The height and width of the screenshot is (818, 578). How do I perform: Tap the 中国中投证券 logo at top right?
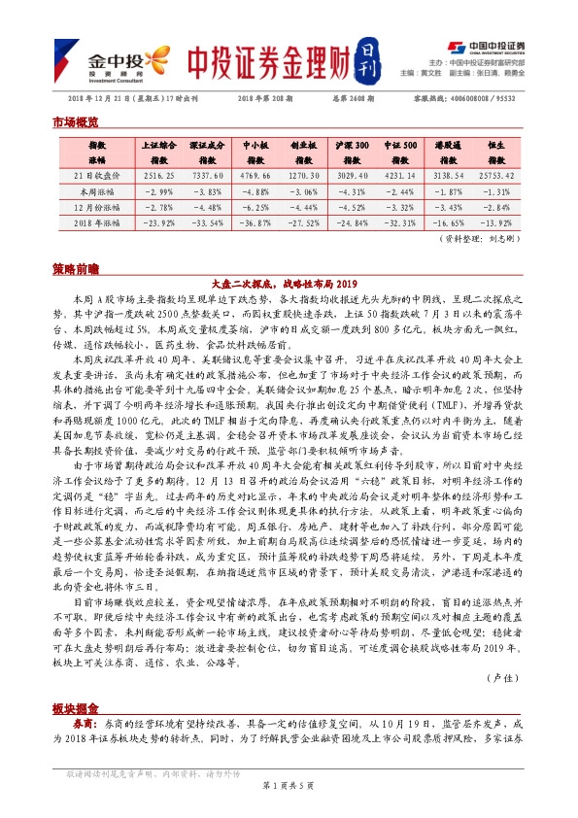[489, 46]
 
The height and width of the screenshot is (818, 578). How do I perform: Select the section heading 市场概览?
[75, 123]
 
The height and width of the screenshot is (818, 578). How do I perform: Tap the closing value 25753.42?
[495, 175]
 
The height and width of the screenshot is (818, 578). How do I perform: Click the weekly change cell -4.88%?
[255, 191]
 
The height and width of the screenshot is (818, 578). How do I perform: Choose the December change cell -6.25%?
[255, 207]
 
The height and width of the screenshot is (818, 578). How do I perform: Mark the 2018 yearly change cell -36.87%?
[255, 222]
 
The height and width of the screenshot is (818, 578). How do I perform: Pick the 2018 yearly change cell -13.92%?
[495, 222]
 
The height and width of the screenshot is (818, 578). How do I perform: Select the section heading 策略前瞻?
[75, 266]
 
